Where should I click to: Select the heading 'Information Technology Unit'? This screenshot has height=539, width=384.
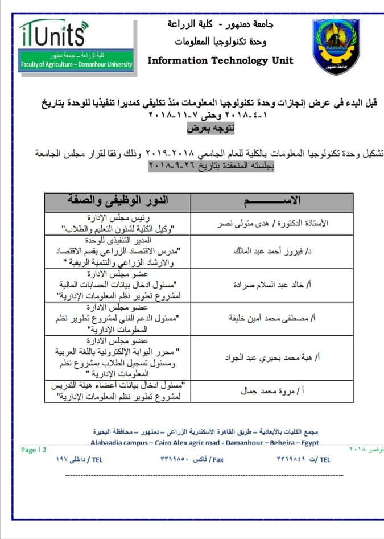pyautogui.click(x=221, y=60)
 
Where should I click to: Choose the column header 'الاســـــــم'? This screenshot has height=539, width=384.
pyautogui.click(x=271, y=202)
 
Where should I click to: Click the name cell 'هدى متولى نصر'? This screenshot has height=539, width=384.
pyautogui.click(x=272, y=224)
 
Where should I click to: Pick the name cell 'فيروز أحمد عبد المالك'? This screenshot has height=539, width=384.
pyautogui.click(x=272, y=250)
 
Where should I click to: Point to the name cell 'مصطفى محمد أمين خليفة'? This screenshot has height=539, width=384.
pyautogui.click(x=272, y=318)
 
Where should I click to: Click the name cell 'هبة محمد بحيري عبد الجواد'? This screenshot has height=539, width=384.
pyautogui.click(x=272, y=357)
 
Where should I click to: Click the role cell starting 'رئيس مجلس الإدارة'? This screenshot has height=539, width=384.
pyautogui.click(x=117, y=224)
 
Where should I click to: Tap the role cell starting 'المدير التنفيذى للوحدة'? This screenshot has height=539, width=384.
pyautogui.click(x=117, y=250)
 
